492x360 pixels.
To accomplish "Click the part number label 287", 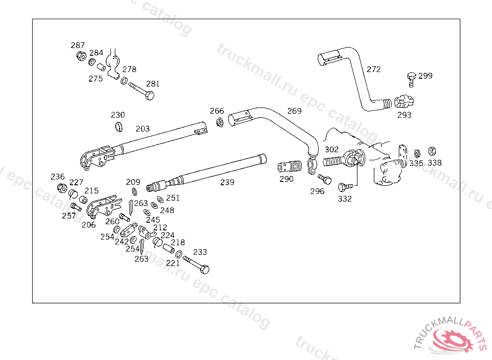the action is click(x=77, y=46).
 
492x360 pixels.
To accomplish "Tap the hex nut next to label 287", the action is click(x=81, y=56).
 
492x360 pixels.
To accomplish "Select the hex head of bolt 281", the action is click(x=150, y=96).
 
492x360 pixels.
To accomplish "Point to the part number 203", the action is click(x=143, y=129).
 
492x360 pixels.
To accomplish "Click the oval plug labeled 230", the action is click(x=119, y=127).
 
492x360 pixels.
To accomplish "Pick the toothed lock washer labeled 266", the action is click(x=220, y=122).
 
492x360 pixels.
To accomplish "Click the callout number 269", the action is click(x=295, y=111).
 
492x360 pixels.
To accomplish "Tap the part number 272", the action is click(x=373, y=69).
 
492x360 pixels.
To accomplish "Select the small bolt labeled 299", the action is click(x=411, y=79).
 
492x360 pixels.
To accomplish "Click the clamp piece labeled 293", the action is click(x=404, y=101).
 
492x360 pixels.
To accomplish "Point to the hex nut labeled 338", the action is click(x=432, y=151).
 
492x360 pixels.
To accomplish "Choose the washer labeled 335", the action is click(x=418, y=154).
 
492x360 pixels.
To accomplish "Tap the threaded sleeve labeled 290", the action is click(x=289, y=167).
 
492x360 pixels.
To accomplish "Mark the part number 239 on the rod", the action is click(x=227, y=182).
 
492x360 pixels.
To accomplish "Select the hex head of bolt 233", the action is click(x=205, y=269).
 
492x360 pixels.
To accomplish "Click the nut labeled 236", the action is click(x=62, y=188).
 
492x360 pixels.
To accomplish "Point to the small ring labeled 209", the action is click(x=135, y=192).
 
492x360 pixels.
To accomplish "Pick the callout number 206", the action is click(x=88, y=225).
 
